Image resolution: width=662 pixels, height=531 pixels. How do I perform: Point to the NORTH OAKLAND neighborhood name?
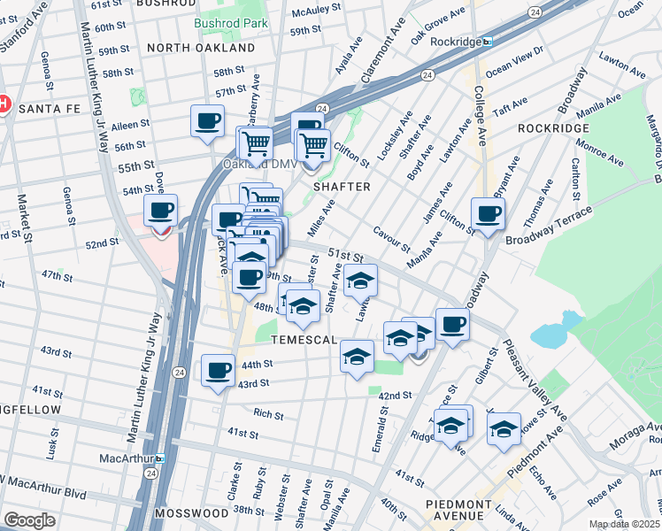coord(193,47)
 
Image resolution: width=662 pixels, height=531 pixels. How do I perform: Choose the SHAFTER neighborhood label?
coord(340,187)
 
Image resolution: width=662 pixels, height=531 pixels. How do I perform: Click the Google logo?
coord(29,520)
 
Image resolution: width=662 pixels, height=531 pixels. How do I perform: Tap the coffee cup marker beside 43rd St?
coord(218,370)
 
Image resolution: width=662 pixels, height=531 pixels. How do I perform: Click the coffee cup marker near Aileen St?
coord(208,120)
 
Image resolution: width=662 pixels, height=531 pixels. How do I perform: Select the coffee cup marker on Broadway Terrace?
coord(488,212)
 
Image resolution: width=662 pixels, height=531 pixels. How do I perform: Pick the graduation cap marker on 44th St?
coord(357,356)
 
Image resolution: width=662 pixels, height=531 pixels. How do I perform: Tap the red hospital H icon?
coord(4,104)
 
